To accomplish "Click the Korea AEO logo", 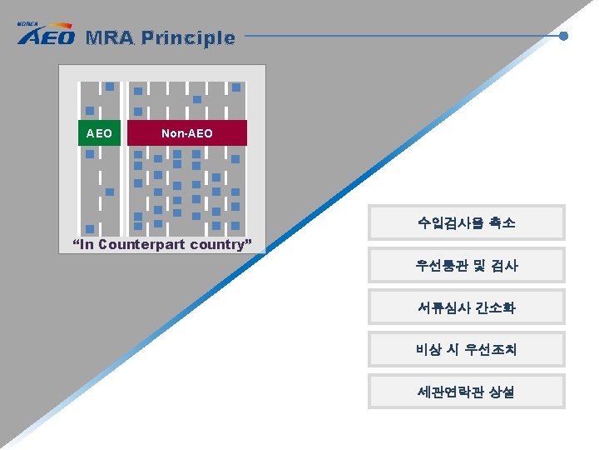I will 46,35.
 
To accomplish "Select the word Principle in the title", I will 188,37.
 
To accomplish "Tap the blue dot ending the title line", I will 563,36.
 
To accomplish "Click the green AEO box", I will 99,133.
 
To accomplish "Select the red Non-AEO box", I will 187,133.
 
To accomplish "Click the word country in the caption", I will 220,245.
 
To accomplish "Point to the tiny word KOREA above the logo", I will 27,24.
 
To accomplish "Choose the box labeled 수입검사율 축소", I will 467,222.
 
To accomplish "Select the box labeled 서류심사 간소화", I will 467,307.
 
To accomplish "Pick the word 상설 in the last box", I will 502,392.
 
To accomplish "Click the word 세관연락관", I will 451,392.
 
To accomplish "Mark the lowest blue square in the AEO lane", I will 89,228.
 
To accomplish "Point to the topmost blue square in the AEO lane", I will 109,87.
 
